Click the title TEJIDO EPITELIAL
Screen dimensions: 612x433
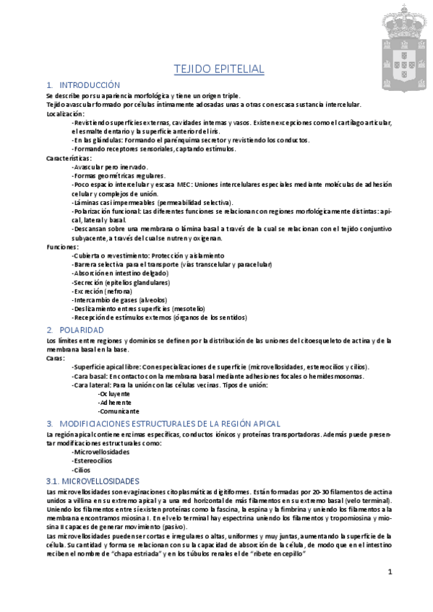pos(218,69)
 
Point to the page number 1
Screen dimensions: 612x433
pos(389,572)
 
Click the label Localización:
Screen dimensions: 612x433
pos(65,114)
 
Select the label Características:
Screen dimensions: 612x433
pos(69,157)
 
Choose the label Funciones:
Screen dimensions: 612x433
pos(62,246)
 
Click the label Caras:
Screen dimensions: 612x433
pos(56,357)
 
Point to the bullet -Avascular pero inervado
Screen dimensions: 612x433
pos(110,167)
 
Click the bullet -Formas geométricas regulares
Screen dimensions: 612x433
pos(119,175)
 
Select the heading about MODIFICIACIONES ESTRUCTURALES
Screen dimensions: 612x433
pos(163,423)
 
